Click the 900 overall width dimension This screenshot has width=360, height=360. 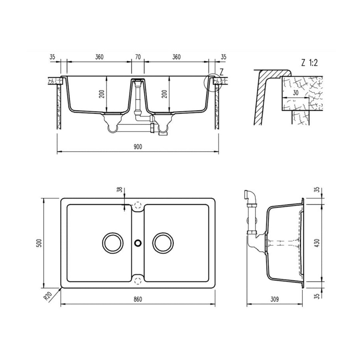click(138, 147)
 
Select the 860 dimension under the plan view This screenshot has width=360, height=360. click(138, 299)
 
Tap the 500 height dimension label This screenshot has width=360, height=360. click(39, 243)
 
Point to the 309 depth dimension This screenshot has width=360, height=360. click(274, 299)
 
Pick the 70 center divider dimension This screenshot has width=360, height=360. click(138, 57)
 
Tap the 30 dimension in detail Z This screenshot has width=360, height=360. click(295, 93)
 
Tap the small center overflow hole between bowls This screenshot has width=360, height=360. click(137, 243)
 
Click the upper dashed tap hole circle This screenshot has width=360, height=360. click(138, 204)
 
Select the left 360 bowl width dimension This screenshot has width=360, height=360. click(99, 57)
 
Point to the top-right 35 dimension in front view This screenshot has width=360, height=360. click(224, 57)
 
